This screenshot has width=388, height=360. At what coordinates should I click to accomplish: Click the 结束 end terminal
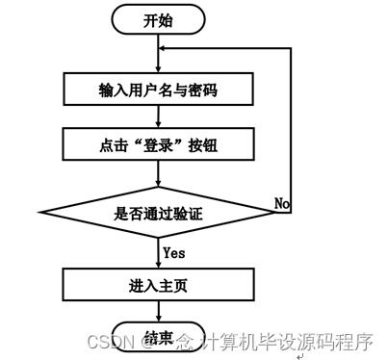click(x=159, y=337)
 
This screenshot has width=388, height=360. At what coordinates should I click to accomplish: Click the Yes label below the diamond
click(x=173, y=253)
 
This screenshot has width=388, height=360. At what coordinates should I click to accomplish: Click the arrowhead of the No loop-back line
click(x=165, y=49)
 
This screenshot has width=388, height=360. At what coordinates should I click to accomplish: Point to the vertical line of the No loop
click(x=292, y=125)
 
